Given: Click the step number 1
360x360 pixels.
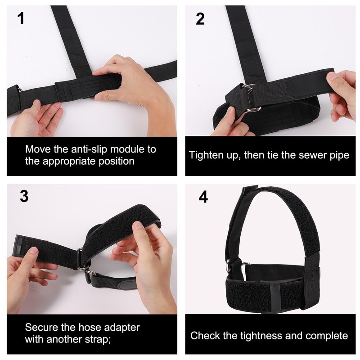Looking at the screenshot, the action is click(21, 18).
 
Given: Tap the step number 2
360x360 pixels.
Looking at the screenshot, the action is click(200, 19).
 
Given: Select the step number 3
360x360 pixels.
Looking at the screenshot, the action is click(24, 196).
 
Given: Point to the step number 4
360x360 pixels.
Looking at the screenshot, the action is click(203, 197).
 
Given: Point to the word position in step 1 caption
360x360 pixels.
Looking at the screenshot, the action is click(117, 161).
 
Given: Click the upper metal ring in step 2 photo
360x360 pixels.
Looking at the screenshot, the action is click(248, 88).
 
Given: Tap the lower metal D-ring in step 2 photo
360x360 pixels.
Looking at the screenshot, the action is click(253, 109).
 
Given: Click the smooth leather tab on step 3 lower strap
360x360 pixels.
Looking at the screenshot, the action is click(128, 285).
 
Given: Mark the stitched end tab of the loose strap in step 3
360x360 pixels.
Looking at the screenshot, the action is click(18, 246).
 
